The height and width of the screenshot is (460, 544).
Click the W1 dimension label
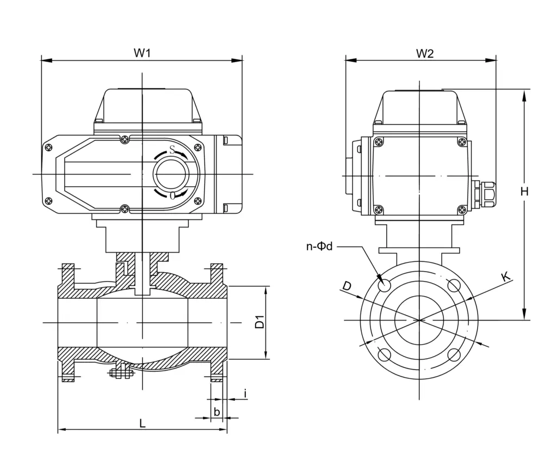[x=142, y=53]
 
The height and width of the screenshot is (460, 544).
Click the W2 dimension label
[x=425, y=53]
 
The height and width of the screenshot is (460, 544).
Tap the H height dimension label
[x=524, y=192]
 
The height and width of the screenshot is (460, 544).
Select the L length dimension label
[x=143, y=423]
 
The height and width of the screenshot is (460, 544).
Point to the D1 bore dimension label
[x=259, y=322]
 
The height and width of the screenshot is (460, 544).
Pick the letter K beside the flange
[x=506, y=277]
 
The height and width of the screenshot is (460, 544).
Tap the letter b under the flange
[x=217, y=412]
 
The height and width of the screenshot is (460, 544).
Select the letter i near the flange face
[x=245, y=392]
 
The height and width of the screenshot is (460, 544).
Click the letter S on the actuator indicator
[x=172, y=151]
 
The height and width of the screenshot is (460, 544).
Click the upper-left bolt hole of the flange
[x=385, y=285]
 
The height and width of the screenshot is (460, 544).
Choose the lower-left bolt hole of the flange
[x=385, y=355]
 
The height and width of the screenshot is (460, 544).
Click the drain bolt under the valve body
[x=121, y=373]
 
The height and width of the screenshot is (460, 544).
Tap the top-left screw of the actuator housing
[x=49, y=147]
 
